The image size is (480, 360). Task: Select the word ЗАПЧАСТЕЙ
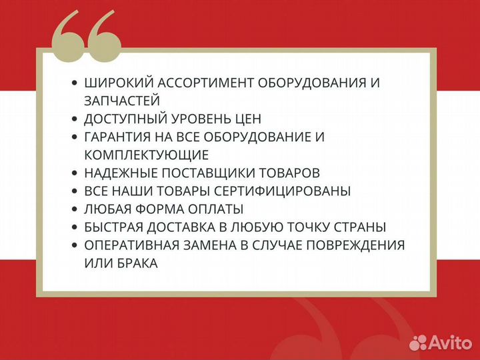click(x=122, y=101)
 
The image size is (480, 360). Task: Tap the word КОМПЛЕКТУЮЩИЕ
click(x=147, y=155)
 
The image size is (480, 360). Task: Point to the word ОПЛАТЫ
click(x=216, y=209)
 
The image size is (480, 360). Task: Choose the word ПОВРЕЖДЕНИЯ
click(x=355, y=245)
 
